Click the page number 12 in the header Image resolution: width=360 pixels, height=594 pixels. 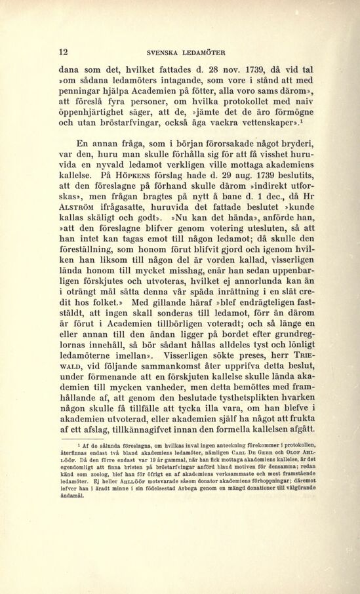(x=64, y=52)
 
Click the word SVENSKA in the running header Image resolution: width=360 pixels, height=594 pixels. (x=163, y=53)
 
